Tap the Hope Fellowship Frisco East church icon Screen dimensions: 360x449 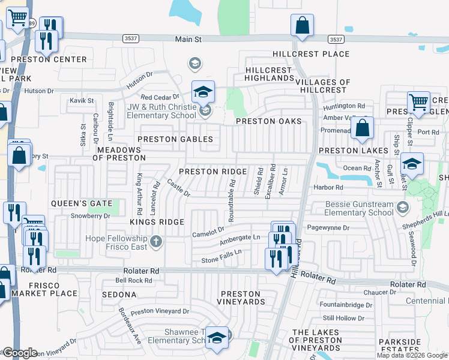[156, 241]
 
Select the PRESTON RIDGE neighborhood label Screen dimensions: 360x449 [213, 172]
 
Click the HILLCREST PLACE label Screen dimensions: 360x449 [311, 54]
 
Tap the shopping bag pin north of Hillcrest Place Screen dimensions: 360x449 [302, 26]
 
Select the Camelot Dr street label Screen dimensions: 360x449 [208, 230]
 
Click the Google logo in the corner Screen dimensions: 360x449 [19, 353]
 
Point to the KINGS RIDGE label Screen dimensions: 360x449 [157, 222]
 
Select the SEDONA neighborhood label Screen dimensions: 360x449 [119, 295]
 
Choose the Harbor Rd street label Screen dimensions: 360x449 [328, 188]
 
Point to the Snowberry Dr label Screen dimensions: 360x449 [90, 215]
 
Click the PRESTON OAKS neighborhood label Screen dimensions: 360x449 [268, 121]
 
